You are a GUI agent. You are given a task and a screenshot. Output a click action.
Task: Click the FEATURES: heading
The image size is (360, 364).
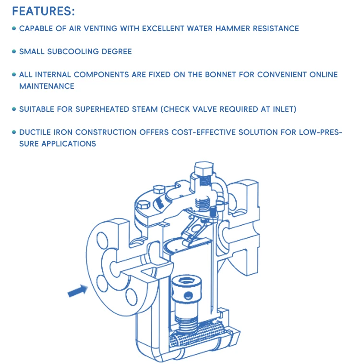click(43, 11)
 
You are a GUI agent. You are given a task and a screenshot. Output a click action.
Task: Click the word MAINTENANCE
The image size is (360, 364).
click(47, 86)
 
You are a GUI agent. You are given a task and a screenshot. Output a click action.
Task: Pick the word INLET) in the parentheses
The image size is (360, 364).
click(283, 109)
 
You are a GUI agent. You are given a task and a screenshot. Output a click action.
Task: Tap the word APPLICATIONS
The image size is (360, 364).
click(67, 144)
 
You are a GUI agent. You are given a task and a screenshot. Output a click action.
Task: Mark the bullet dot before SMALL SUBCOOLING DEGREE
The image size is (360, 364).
click(14, 52)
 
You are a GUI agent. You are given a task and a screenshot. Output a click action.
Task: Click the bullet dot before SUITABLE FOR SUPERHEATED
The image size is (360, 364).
click(14, 109)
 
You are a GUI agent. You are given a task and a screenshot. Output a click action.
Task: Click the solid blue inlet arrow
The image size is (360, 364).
click(77, 290)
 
